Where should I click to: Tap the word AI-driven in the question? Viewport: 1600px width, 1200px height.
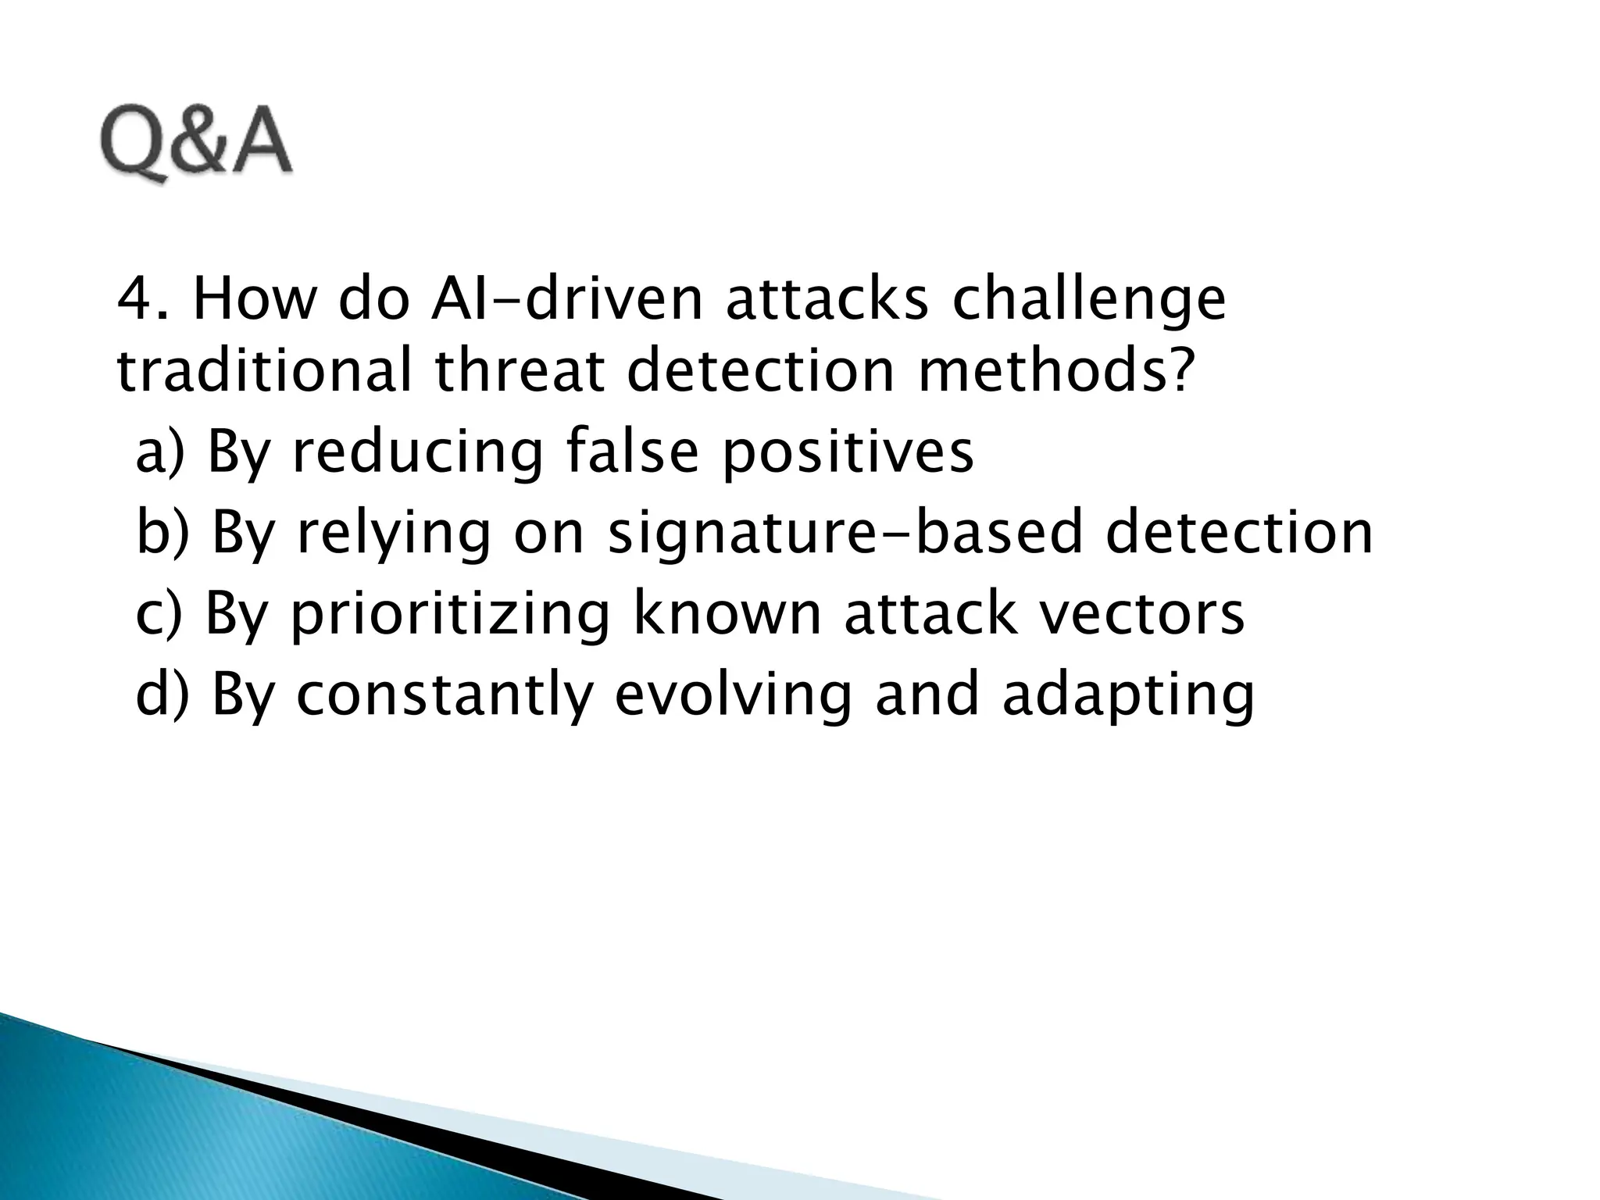pyautogui.click(x=567, y=300)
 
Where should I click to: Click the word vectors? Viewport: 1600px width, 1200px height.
pyautogui.click(x=1147, y=614)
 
